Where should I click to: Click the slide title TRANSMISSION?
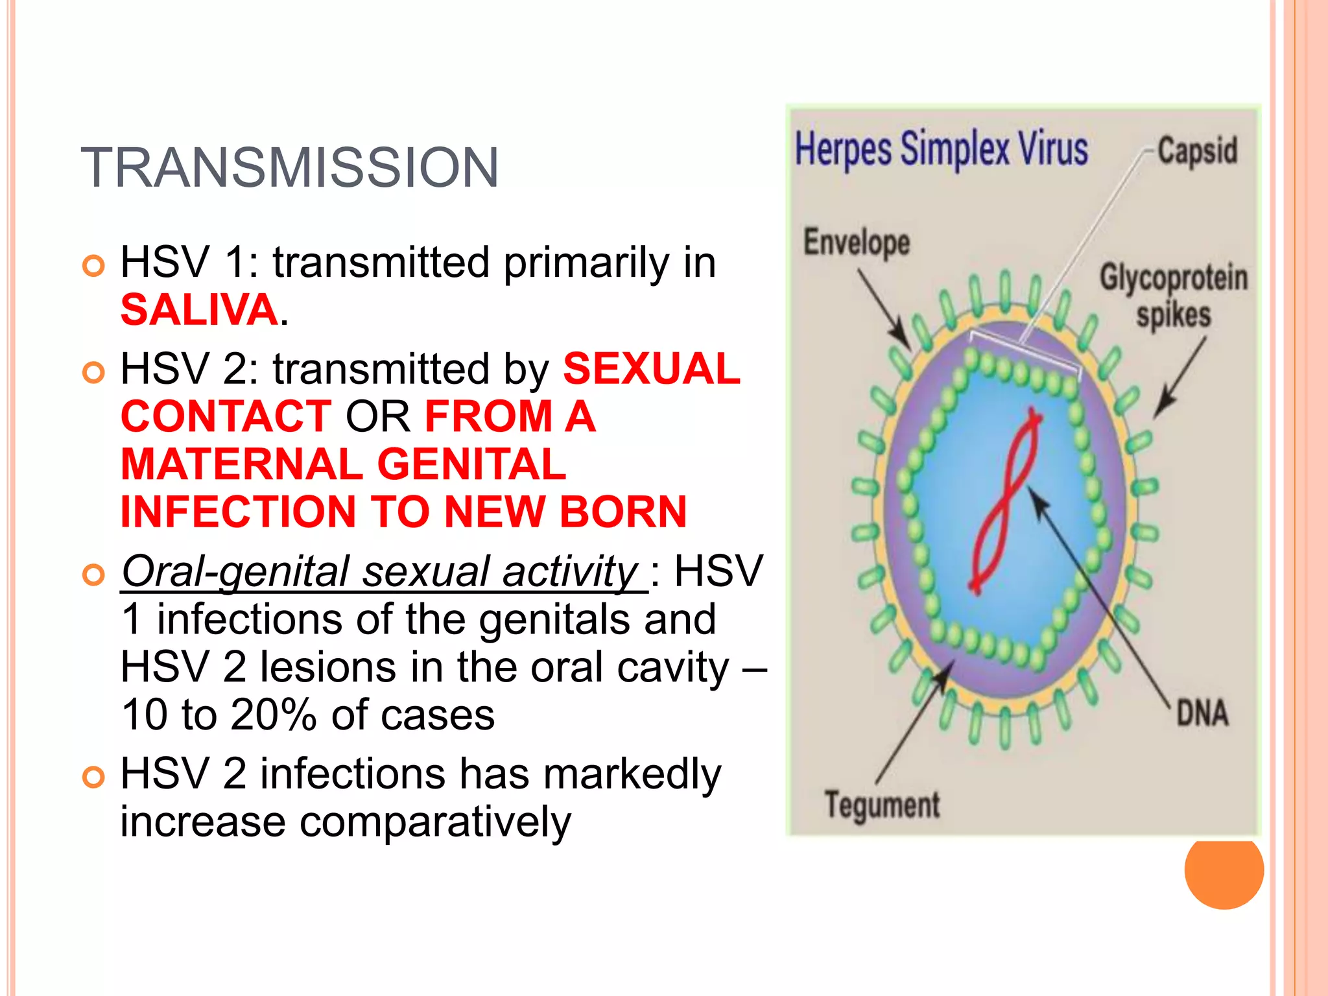(x=290, y=168)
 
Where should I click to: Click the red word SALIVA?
(x=199, y=310)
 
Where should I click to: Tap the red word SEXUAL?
(x=651, y=369)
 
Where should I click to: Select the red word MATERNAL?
(x=241, y=464)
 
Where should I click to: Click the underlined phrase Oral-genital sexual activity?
(x=383, y=572)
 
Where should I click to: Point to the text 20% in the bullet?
(x=273, y=715)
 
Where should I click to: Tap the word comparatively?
(x=435, y=822)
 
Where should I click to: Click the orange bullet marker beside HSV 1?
(x=94, y=266)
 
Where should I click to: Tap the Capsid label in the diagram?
(x=1197, y=150)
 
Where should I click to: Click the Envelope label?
(x=857, y=243)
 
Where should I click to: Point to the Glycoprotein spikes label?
(x=1173, y=296)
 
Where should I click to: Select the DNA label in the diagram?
(x=1202, y=713)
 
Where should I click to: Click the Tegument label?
(x=882, y=805)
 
